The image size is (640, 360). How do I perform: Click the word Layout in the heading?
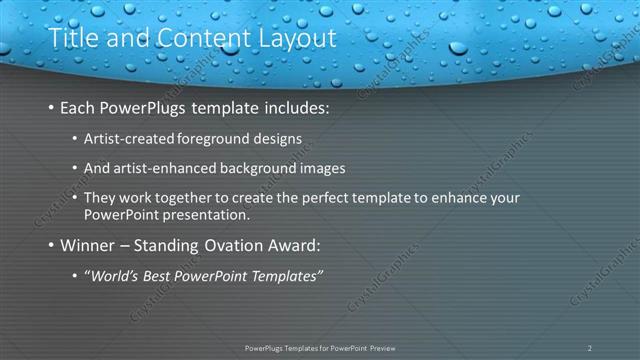[x=292, y=39]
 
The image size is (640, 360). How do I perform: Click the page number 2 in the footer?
[x=589, y=347]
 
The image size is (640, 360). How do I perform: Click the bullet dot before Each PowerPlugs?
[x=51, y=108]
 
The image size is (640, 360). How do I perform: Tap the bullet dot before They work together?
[x=76, y=198]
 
